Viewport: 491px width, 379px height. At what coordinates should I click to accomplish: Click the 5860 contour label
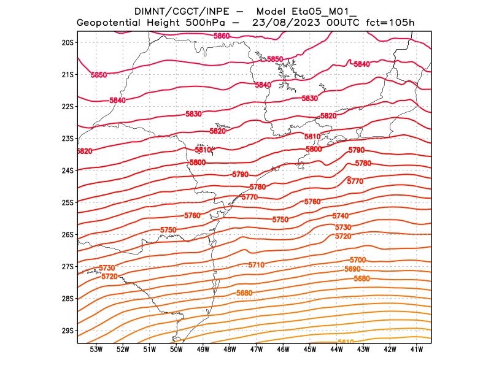[x=222, y=36]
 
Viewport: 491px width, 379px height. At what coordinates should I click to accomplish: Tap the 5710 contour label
[x=257, y=265]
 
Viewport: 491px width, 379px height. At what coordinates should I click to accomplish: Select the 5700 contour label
[x=358, y=260]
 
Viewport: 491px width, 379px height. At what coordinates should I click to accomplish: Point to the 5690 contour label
[x=352, y=269]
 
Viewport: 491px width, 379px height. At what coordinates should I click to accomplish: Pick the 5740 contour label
[x=340, y=216]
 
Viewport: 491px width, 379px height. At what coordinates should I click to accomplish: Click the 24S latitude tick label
[x=67, y=170]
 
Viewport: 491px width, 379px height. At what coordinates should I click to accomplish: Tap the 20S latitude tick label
[x=67, y=42]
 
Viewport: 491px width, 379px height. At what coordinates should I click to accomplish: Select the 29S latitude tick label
[x=67, y=331]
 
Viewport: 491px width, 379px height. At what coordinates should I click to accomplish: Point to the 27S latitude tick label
[x=67, y=267]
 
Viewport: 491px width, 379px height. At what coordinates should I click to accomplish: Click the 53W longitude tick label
[x=96, y=350]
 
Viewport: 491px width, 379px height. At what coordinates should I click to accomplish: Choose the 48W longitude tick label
[x=230, y=350]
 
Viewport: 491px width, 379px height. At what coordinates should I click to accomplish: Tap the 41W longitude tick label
[x=417, y=350]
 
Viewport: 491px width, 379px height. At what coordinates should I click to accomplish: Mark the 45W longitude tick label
[x=310, y=350]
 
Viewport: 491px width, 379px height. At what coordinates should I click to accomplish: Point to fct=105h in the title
[x=390, y=23]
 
